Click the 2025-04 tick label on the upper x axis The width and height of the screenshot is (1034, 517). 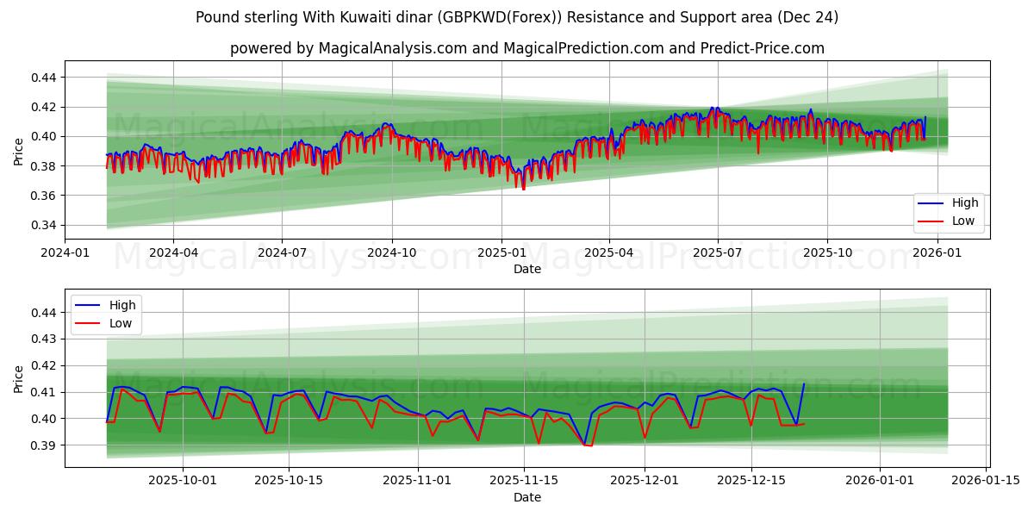pos(609,253)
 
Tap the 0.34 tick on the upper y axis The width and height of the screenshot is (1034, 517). pos(43,226)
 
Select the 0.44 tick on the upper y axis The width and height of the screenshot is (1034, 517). pos(43,78)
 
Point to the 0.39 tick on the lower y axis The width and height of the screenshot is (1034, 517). pos(43,445)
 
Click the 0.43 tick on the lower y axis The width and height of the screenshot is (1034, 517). pos(43,339)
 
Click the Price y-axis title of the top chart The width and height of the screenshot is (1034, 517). pos(19,152)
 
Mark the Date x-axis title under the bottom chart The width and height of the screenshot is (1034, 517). pos(526,497)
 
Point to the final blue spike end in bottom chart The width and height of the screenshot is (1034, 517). pos(804,384)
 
